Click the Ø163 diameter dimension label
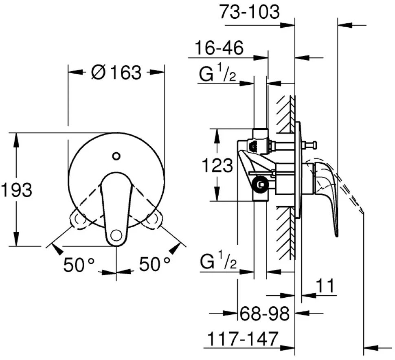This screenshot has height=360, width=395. pyautogui.click(x=116, y=72)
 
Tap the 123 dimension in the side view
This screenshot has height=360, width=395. pyautogui.click(x=217, y=165)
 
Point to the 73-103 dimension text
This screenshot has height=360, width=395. pyautogui.click(x=250, y=11)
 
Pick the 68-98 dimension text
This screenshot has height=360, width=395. pyautogui.click(x=265, y=314)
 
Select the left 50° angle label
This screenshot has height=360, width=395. pyautogui.click(x=79, y=264)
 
